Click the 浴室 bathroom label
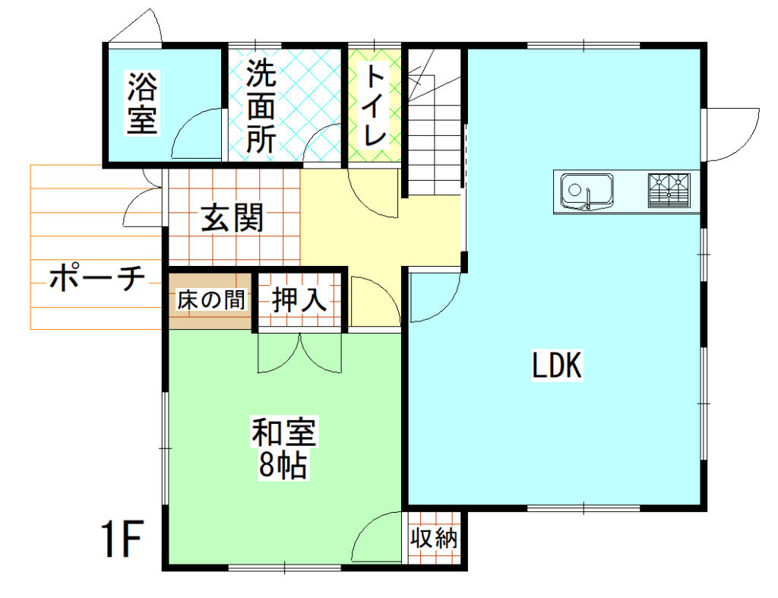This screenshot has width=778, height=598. point(143,103)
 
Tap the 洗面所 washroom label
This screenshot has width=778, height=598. point(261,106)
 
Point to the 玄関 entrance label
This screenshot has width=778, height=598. point(232,218)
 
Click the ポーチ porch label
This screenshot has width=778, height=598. point(97,277)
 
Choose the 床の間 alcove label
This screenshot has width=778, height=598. point(211,299)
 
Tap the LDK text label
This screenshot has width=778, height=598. point(557,365)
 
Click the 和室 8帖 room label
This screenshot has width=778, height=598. point(283,448)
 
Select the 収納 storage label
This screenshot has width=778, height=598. point(434,537)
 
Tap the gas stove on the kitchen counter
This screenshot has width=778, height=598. point(669,190)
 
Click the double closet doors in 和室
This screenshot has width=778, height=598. point(299,353)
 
